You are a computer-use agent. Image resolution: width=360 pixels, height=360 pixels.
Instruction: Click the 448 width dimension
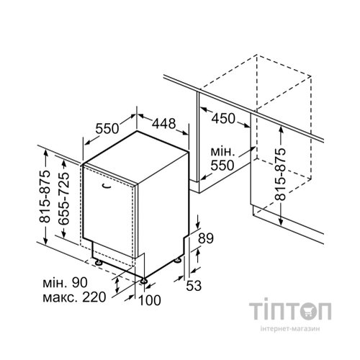click(x=164, y=124)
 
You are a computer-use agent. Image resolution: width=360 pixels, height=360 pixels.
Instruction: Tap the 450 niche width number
click(x=223, y=119)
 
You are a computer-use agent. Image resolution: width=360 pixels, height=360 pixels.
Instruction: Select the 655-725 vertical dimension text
click(x=64, y=198)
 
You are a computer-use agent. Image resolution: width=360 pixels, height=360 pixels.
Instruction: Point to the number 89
click(x=206, y=238)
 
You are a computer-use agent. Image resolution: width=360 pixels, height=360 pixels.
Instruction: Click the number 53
click(x=194, y=286)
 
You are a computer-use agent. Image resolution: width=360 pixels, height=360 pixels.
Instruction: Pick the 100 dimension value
click(x=150, y=300)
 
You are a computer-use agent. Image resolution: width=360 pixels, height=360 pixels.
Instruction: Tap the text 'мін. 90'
click(x=65, y=283)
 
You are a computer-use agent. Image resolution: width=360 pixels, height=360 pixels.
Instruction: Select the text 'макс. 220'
click(x=74, y=297)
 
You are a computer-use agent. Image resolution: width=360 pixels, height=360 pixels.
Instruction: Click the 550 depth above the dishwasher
click(x=107, y=129)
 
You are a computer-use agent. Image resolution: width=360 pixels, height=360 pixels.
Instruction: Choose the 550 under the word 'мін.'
click(x=222, y=166)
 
